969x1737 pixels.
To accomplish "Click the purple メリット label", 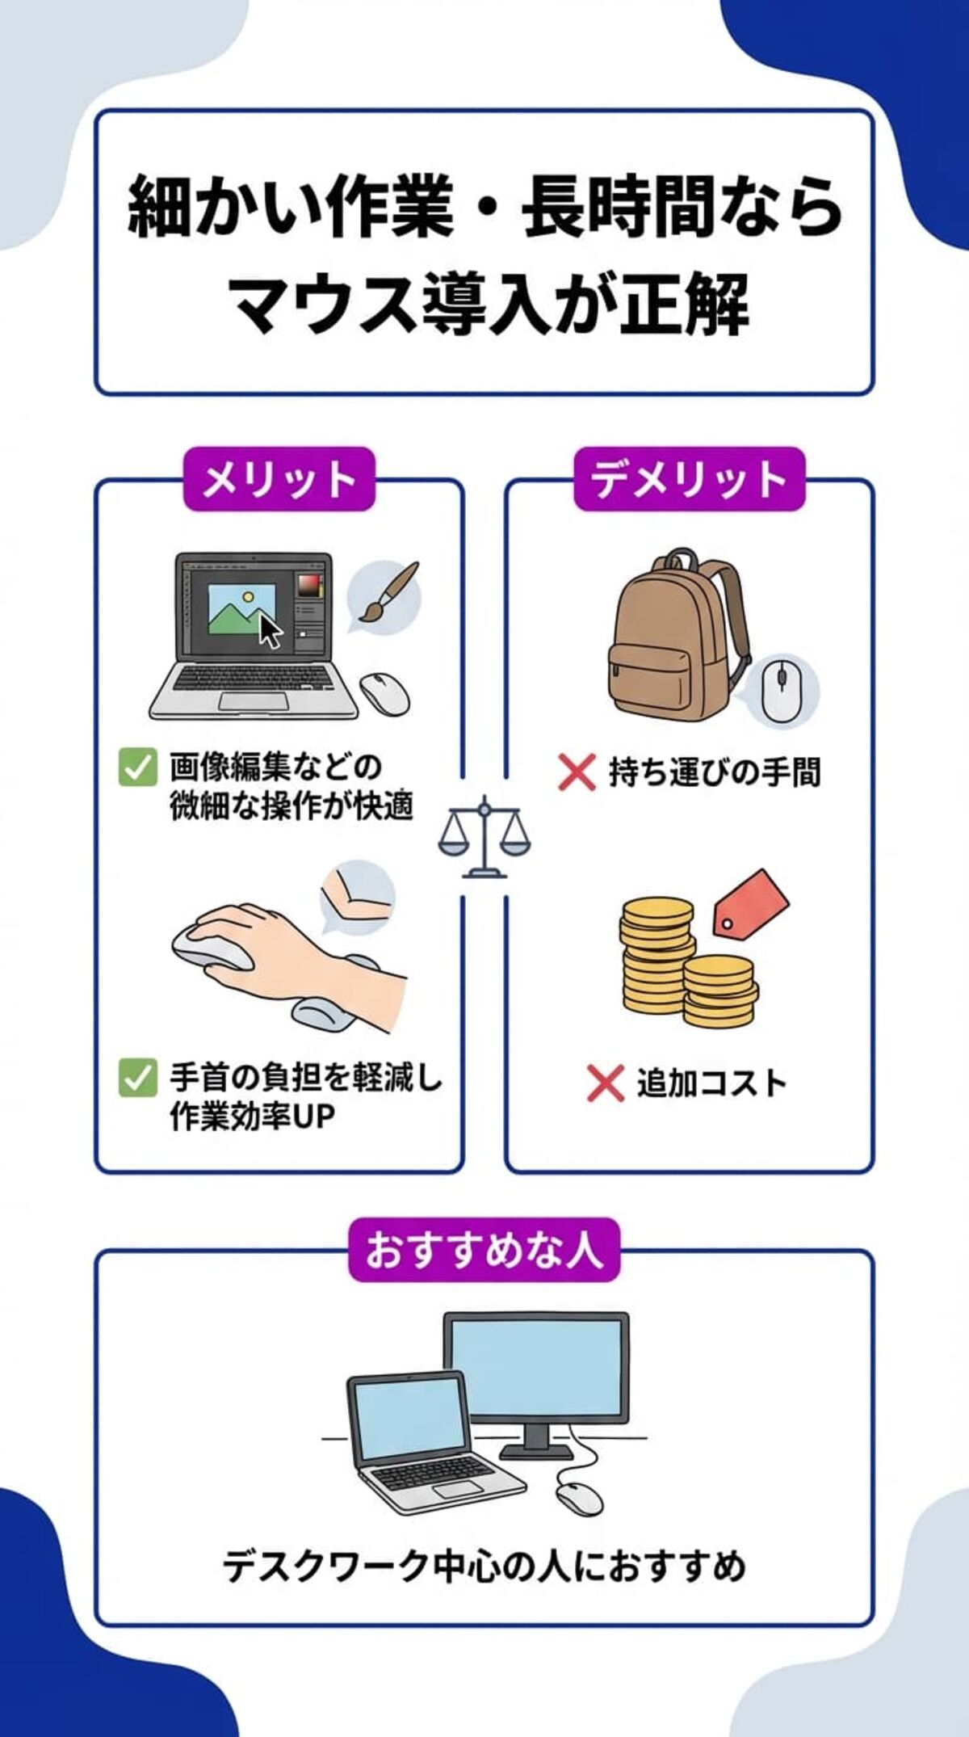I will tap(279, 480).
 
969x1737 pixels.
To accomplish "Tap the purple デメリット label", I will tap(689, 480).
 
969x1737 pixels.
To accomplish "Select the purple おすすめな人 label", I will tap(484, 1250).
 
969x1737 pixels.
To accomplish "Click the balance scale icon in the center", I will tap(484, 837).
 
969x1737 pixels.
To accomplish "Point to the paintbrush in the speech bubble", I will tap(386, 594).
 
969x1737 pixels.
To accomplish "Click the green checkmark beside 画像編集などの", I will tap(137, 767).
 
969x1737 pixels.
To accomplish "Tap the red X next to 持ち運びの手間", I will tap(577, 772).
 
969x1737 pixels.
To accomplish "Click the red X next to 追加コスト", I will tap(605, 1083).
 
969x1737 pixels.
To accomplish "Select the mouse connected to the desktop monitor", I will tap(580, 1499).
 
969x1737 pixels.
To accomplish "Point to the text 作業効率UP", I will tap(252, 1117).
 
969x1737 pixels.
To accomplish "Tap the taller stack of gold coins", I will tap(655, 957).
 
